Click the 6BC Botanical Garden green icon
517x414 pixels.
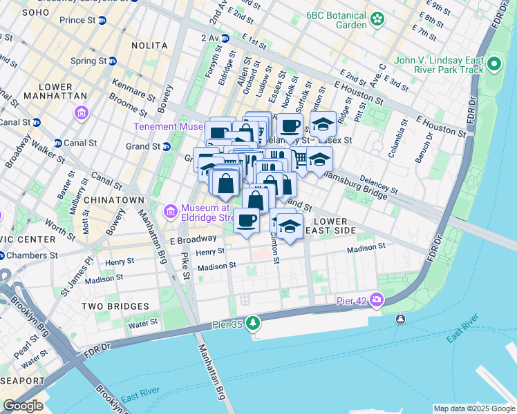point(377,18)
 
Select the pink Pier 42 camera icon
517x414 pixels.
point(377,299)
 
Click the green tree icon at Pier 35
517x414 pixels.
point(254,322)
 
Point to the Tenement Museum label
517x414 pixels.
point(173,126)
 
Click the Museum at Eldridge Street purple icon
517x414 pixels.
point(169,210)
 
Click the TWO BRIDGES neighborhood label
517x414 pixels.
point(115,306)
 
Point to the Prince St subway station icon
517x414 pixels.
point(102,21)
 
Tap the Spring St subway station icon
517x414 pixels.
point(113,61)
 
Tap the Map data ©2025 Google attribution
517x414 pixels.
point(473,408)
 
